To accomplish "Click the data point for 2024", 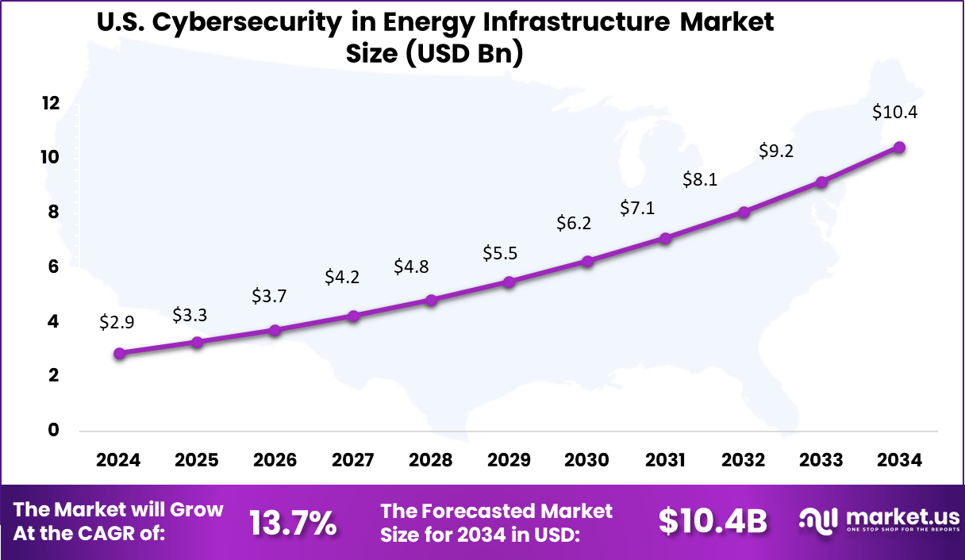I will [119, 354].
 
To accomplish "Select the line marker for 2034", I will [899, 147].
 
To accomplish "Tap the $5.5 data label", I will [499, 254].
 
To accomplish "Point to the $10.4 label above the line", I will [894, 112].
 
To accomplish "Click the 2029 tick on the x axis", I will [509, 460].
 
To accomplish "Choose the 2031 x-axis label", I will [665, 460].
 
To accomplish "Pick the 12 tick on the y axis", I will [52, 103].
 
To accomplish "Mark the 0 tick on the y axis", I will [52, 430].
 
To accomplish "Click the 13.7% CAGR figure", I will [293, 522].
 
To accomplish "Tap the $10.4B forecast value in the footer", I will [713, 521].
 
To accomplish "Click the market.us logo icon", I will [820, 520].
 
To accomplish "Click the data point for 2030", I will [587, 261].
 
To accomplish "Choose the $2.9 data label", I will [116, 322].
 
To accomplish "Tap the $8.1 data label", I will [700, 180].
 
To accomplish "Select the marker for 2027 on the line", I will [353, 316].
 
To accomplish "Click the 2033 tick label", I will [821, 460].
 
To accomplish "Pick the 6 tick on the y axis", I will [52, 267].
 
